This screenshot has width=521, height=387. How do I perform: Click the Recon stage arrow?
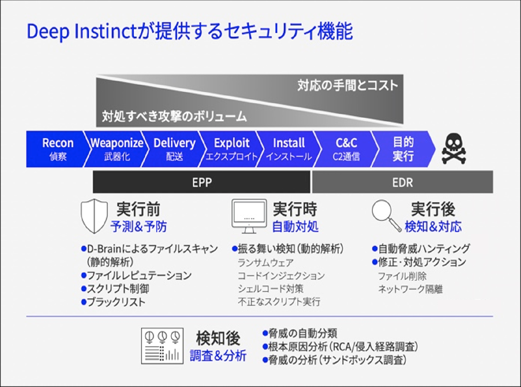[56, 149]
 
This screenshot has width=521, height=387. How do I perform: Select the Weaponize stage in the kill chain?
[117, 149]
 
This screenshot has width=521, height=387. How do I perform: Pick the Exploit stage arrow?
[231, 149]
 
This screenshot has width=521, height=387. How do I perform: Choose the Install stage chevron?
[289, 149]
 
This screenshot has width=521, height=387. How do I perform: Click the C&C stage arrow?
[346, 149]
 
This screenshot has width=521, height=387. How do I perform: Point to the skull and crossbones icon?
[454, 149]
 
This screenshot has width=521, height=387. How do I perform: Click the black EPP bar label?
[201, 182]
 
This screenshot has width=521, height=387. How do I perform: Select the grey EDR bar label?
[402, 182]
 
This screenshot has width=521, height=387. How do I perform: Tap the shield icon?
[94, 216]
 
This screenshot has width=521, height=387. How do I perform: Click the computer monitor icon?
[249, 216]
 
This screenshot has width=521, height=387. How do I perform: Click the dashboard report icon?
[162, 346]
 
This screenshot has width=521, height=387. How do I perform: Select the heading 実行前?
[138, 209]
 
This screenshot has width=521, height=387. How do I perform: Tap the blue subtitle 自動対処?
[295, 227]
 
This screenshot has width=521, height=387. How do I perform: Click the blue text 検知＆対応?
[433, 227]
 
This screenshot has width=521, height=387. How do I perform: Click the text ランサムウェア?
[266, 263]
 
